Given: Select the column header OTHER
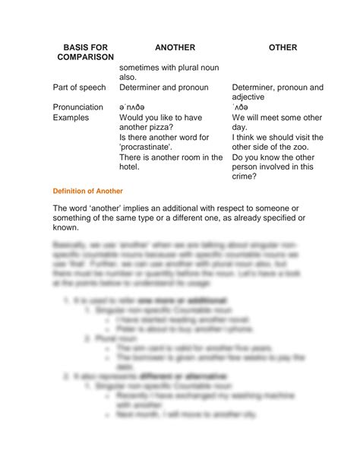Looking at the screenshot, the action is point(283,47).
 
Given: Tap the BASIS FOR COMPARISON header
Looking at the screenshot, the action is point(84,52).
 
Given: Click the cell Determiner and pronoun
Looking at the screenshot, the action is point(163,87).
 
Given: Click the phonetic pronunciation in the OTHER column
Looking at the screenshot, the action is point(242,108).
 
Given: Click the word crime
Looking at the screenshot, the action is point(245,177).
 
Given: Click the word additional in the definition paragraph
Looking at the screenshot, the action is point(203,208).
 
